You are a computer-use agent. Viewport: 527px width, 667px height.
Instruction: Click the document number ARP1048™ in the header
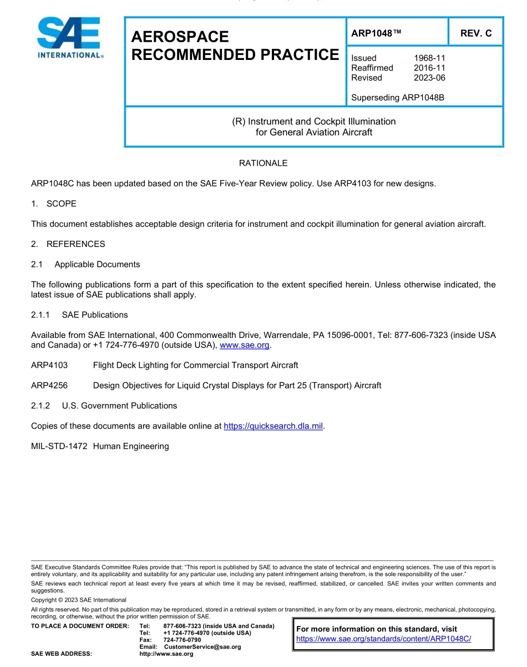(376, 33)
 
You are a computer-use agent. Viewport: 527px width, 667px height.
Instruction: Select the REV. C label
(476, 33)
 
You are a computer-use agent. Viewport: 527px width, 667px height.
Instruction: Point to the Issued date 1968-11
(429, 58)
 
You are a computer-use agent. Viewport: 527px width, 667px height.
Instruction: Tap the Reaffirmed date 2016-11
(429, 68)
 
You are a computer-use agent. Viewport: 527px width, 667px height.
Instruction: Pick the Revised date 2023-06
(429, 78)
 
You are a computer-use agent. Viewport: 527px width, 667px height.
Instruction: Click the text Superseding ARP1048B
(398, 98)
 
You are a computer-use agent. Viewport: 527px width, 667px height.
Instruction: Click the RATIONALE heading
(263, 163)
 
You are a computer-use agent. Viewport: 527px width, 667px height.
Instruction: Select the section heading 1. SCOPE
(54, 204)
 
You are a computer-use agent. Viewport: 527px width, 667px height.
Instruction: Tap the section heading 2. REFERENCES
(68, 244)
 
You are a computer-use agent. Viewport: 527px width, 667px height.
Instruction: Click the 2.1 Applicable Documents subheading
(85, 264)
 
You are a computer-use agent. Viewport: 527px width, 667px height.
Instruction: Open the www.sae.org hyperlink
(244, 345)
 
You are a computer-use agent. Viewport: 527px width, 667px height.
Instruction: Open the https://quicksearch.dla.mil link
(273, 426)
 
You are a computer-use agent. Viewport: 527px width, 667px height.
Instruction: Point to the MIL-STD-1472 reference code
(59, 446)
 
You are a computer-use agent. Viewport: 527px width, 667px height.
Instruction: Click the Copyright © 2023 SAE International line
(79, 600)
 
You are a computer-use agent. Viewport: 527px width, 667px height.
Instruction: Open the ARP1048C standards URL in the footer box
(383, 639)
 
